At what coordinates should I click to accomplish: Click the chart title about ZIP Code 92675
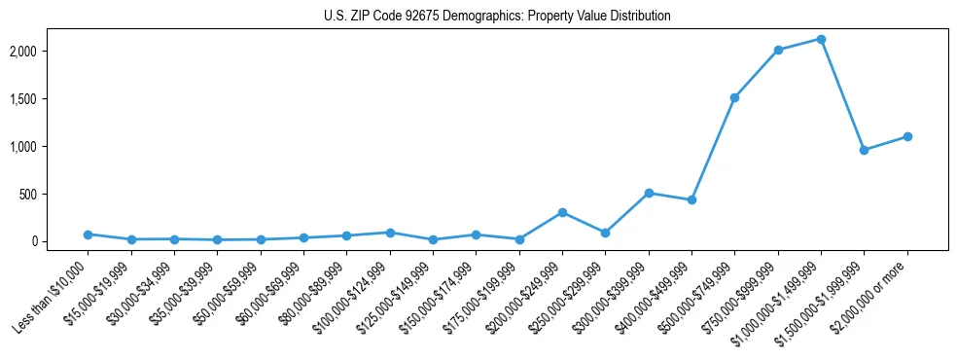[x=497, y=17]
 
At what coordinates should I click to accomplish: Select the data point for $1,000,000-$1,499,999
[x=821, y=39]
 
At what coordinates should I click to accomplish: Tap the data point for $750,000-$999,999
[x=778, y=50]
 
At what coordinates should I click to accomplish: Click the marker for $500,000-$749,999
[x=734, y=97]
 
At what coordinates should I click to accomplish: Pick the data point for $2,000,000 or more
[x=907, y=136]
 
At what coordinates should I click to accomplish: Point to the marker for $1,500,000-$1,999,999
[x=864, y=150]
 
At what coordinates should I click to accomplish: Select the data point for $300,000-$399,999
[x=649, y=193]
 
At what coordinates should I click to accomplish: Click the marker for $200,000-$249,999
[x=562, y=212]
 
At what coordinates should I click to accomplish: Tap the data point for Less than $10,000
[x=88, y=234]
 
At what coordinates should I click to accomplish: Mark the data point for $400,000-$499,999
[x=691, y=199]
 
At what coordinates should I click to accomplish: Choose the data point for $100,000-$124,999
[x=390, y=233]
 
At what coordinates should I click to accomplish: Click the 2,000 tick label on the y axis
[x=52, y=51]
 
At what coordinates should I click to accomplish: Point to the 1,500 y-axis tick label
[x=52, y=98]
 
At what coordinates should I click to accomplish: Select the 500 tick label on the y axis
[x=56, y=194]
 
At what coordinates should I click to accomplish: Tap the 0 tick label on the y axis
[x=62, y=241]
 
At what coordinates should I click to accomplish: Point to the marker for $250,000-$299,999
[x=605, y=233]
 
